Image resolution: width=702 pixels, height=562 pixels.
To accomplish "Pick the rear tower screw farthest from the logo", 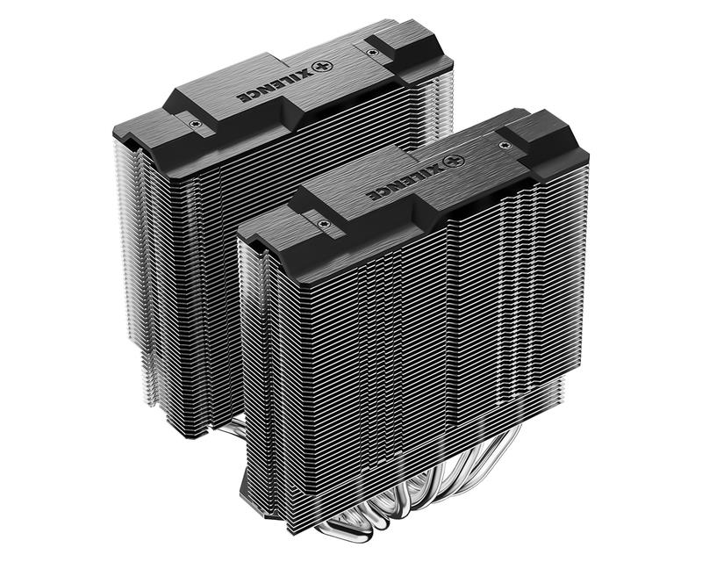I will pyautogui.click(x=194, y=125).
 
